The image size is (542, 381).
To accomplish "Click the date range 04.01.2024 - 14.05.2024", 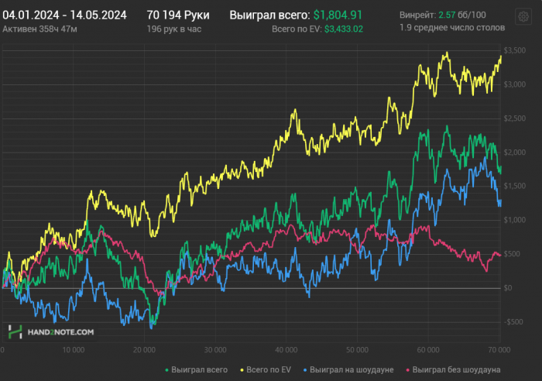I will tap(65, 15).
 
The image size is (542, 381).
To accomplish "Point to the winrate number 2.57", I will tap(446, 15).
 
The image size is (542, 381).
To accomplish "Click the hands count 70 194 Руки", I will tap(178, 15).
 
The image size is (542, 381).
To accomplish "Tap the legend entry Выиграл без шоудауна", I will tap(457, 369).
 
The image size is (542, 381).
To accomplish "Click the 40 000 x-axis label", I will tap(286, 349).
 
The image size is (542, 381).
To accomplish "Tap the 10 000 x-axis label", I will tap(73, 349).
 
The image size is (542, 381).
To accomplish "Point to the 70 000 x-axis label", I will tap(499, 349).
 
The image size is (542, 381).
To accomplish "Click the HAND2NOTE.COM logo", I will tap(51, 331).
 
